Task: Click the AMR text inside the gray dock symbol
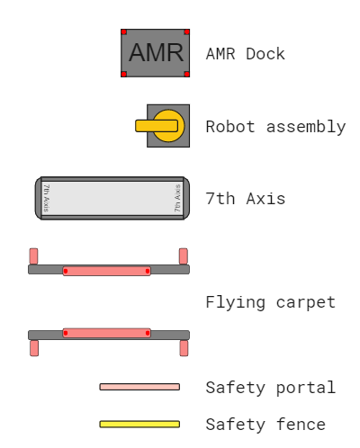pyautogui.click(x=156, y=52)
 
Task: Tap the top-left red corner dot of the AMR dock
pyautogui.click(x=124, y=32)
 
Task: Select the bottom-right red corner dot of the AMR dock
pyautogui.click(x=186, y=74)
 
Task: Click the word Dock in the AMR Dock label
pyautogui.click(x=265, y=54)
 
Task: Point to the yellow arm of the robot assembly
pyautogui.click(x=157, y=126)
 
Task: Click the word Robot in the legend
pyautogui.click(x=230, y=127)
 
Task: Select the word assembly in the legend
pyautogui.click(x=306, y=127)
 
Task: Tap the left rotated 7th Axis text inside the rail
pyautogui.click(x=47, y=198)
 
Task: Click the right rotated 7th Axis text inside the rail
pyautogui.click(x=177, y=198)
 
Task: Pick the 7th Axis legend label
pyautogui.click(x=246, y=199)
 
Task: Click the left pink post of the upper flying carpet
pyautogui.click(x=33, y=256)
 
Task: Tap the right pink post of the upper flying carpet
pyautogui.click(x=184, y=256)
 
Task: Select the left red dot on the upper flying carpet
pyautogui.click(x=66, y=271)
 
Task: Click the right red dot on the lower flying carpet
pyautogui.click(x=148, y=333)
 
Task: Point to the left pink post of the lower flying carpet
pyautogui.click(x=34, y=348)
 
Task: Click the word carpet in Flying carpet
pyautogui.click(x=306, y=303)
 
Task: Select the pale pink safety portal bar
pyautogui.click(x=139, y=387)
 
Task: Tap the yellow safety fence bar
pyautogui.click(x=139, y=424)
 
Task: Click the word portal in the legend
pyautogui.click(x=306, y=388)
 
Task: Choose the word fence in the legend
pyautogui.click(x=301, y=425)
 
